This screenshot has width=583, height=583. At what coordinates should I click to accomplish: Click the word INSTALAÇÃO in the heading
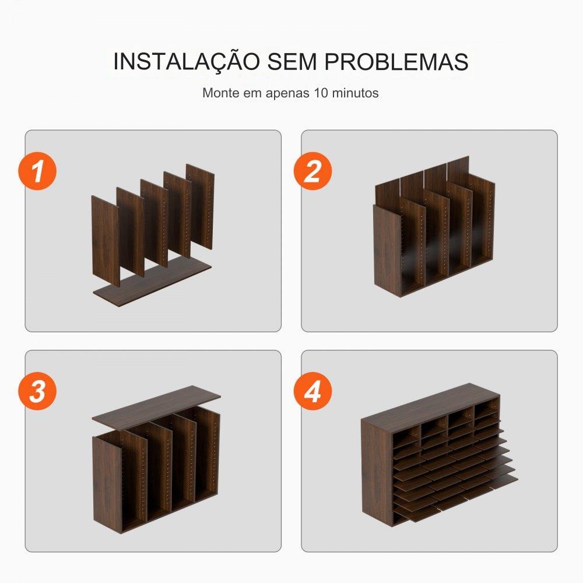tap(187, 62)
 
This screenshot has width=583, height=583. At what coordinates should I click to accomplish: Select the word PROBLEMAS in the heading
tap(396, 62)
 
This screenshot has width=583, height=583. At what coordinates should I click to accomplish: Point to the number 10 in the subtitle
tap(321, 93)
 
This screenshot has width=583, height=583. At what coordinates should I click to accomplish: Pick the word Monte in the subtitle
tap(221, 93)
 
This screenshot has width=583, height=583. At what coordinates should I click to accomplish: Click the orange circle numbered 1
tap(37, 171)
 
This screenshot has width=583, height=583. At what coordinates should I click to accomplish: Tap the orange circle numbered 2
tap(312, 171)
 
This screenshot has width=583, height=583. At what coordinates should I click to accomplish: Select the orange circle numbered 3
tap(37, 391)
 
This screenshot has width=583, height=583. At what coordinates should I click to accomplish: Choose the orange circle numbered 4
tap(312, 391)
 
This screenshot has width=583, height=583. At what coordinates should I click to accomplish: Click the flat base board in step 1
tap(152, 283)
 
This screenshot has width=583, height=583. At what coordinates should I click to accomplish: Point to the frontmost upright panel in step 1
tap(106, 241)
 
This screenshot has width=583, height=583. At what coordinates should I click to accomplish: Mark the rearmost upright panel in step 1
tap(201, 206)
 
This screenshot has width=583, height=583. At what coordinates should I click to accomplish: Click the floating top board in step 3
tap(156, 406)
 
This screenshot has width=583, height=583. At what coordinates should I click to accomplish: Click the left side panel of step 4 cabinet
tap(376, 472)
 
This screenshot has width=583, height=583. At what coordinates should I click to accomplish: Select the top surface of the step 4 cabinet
tap(430, 408)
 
